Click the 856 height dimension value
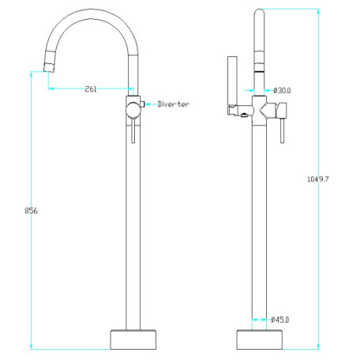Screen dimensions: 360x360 31,211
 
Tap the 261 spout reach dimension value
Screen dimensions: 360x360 91,89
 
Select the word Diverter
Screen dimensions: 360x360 174,104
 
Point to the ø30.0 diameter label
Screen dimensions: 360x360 282,91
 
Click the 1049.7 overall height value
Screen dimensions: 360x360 318,179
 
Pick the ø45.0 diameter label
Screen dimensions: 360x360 280,320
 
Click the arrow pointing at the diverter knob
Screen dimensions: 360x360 151,104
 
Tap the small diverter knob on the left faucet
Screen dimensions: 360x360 142,104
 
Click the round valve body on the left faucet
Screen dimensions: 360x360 133,111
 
